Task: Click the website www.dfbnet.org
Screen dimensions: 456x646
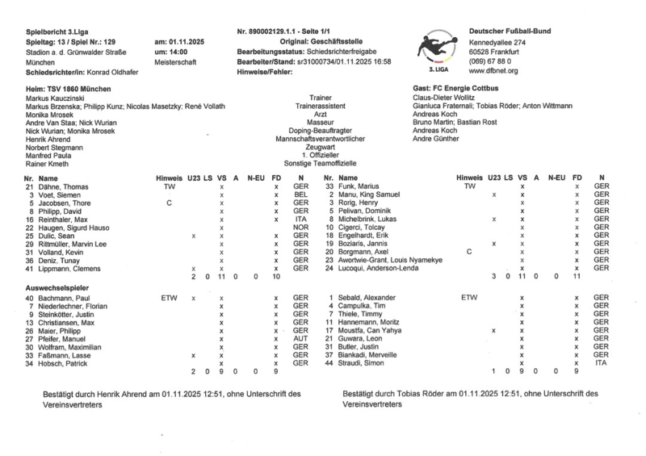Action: (x=493, y=71)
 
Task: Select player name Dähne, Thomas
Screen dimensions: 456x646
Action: (x=64, y=186)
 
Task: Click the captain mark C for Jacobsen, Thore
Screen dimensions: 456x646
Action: (x=169, y=203)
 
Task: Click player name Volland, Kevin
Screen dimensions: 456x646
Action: (x=62, y=253)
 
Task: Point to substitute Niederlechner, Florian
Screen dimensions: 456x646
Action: (x=72, y=307)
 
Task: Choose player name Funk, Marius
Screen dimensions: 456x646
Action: (x=360, y=186)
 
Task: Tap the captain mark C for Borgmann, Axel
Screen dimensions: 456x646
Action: (x=469, y=252)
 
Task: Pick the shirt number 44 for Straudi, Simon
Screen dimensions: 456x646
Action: (x=329, y=365)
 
